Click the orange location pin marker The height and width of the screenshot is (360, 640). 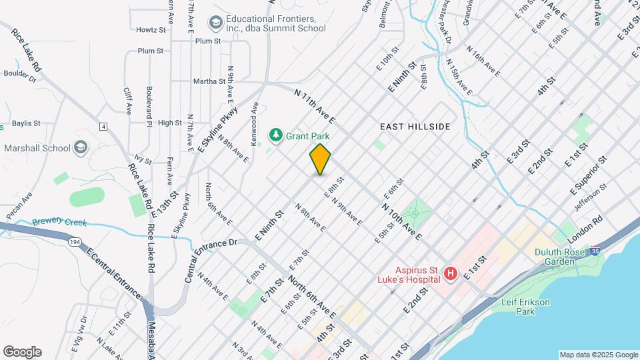pyautogui.click(x=321, y=159)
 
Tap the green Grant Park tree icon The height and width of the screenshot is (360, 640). pyautogui.click(x=275, y=135)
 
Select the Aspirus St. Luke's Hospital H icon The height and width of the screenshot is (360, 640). pyautogui.click(x=451, y=273)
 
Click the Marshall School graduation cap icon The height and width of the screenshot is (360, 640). pyautogui.click(x=80, y=147)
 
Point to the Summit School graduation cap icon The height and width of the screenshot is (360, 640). pyautogui.click(x=215, y=23)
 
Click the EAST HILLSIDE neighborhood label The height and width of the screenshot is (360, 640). pyautogui.click(x=415, y=126)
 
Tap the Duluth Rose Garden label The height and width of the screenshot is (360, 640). pyautogui.click(x=561, y=257)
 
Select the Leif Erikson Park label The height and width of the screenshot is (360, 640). pyautogui.click(x=527, y=307)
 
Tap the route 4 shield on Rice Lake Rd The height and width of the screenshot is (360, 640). pyautogui.click(x=103, y=126)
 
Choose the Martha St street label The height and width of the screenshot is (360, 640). pyautogui.click(x=209, y=81)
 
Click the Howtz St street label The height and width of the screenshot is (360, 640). pyautogui.click(x=151, y=30)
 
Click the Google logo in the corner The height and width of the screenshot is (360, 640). pyautogui.click(x=22, y=352)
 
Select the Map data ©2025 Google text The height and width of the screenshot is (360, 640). pyautogui.click(x=598, y=355)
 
